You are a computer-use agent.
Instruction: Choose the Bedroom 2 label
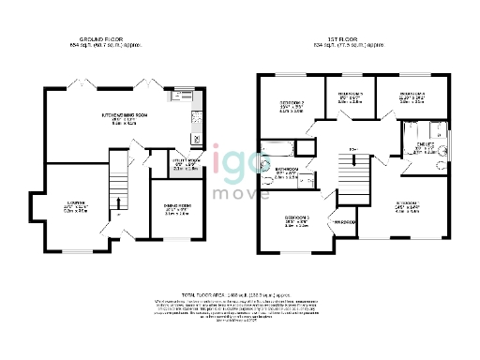[292, 105]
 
